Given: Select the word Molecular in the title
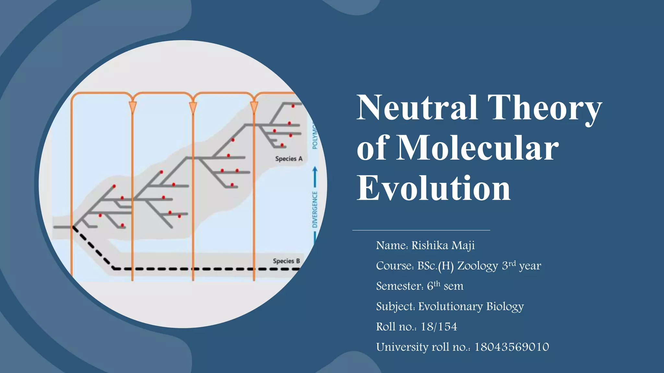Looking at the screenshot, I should (477, 148).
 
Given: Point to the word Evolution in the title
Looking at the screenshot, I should (433, 188).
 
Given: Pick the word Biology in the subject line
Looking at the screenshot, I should (505, 307).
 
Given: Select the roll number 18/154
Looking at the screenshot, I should (439, 327).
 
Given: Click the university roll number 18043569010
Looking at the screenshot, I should (512, 347).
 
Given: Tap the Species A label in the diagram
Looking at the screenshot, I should (289, 159).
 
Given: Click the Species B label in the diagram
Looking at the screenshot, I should (286, 261).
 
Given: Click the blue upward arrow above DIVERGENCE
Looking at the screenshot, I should (315, 176).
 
